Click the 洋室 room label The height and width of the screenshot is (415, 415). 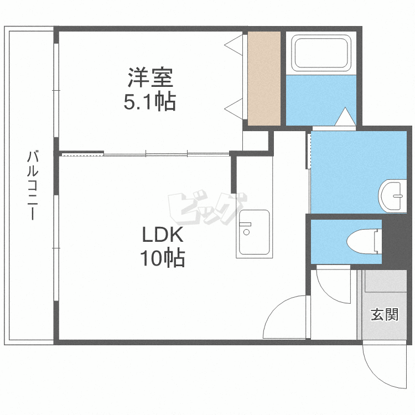click(x=150, y=77)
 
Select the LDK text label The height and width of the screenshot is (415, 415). click(x=163, y=235)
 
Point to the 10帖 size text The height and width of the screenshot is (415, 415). click(x=162, y=258)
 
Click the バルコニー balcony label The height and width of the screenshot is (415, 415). click(x=33, y=185)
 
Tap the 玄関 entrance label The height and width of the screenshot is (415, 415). click(x=385, y=315)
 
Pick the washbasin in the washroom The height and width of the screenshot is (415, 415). click(x=392, y=196)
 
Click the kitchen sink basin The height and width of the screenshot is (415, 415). click(x=254, y=232)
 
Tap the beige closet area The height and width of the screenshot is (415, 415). click(x=264, y=79)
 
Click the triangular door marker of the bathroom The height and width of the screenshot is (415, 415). click(x=345, y=116)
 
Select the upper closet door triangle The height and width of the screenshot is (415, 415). click(x=234, y=45)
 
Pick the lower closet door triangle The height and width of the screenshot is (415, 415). click(x=234, y=109)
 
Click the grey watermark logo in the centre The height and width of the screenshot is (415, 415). click(x=207, y=208)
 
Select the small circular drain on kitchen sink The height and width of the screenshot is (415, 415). click(x=246, y=232)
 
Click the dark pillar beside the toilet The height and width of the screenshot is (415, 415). click(x=394, y=241)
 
